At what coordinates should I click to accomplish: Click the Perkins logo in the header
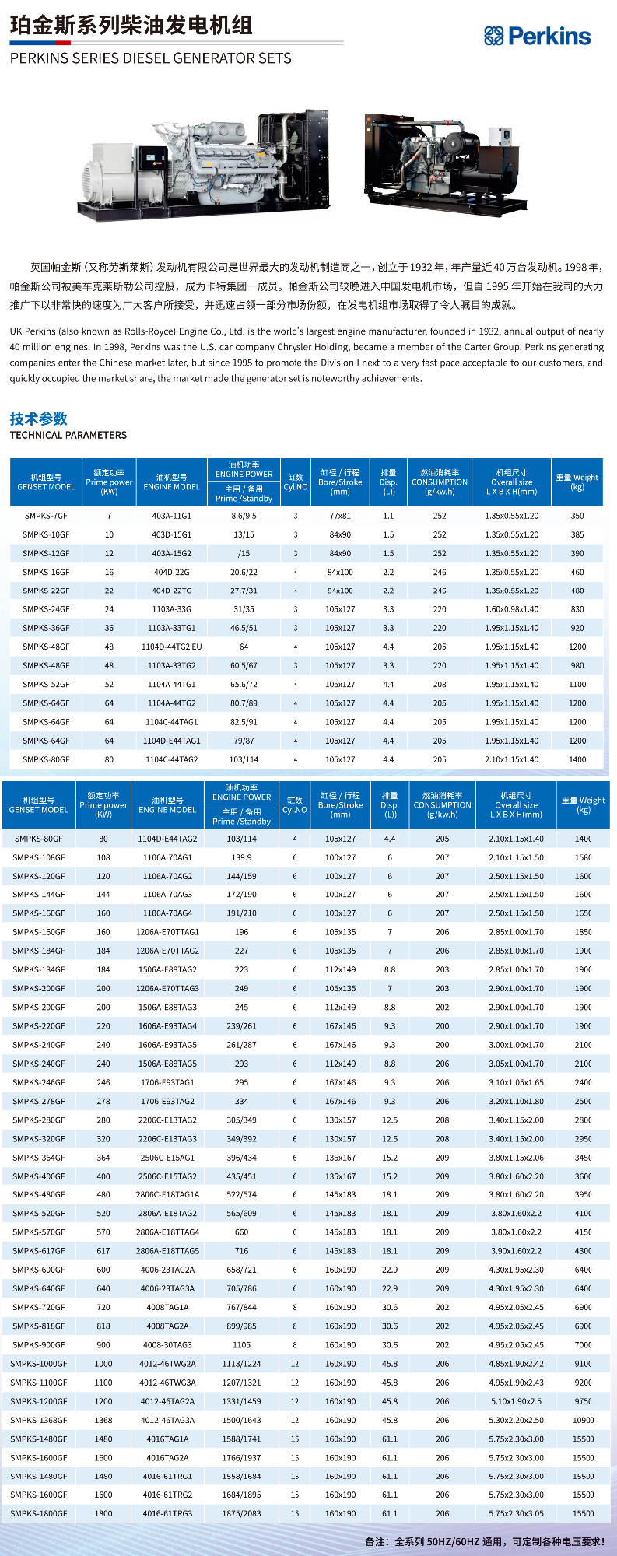537,36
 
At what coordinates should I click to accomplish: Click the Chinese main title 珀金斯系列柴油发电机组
131,26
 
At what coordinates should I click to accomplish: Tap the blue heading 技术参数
39,419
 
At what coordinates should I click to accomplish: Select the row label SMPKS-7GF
46,516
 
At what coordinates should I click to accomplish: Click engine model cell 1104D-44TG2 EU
171,647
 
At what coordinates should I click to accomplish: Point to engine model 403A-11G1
171,516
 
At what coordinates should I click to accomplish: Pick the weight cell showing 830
577,609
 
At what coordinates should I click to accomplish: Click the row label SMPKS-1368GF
39,1420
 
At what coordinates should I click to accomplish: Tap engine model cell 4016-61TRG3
167,1513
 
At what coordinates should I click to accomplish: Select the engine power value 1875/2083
241,1513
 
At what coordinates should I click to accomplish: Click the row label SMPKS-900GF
39,1344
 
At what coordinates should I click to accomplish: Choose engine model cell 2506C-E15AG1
167,1158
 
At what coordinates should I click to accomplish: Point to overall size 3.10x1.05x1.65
516,1082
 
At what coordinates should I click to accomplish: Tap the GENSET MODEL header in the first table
46,482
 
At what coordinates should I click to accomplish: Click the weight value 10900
583,1420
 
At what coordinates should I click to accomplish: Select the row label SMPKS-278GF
39,1101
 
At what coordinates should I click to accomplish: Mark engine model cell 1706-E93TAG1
167,1082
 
